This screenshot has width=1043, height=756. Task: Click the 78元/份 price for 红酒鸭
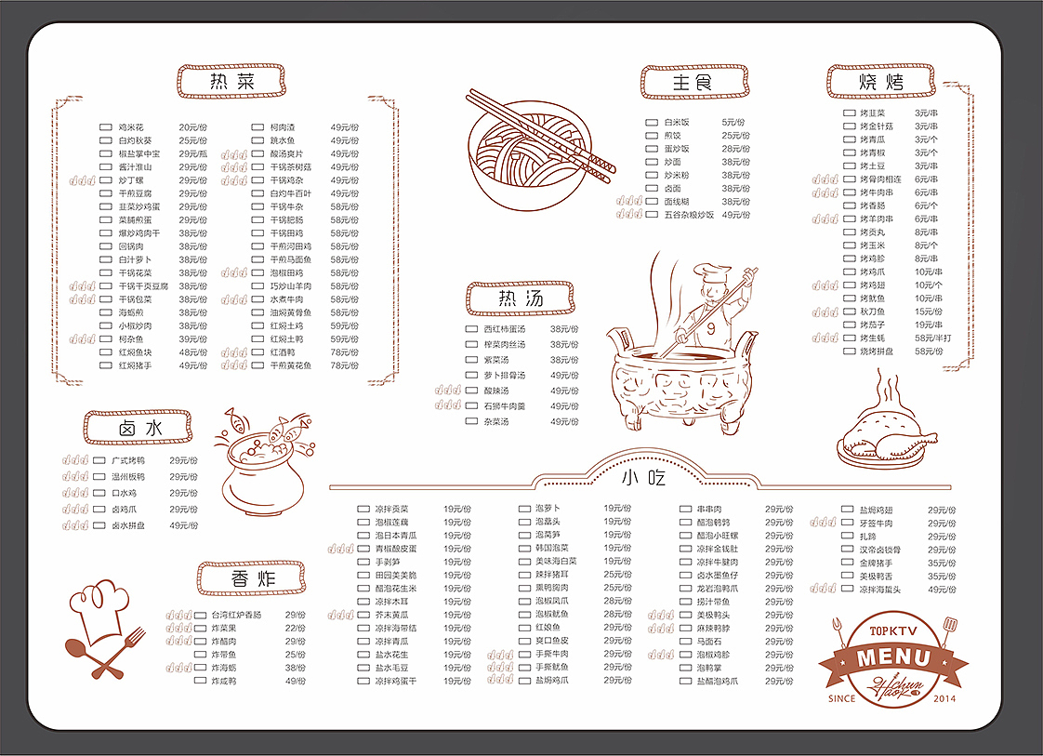[x=344, y=352]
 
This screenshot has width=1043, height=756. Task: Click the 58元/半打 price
[x=933, y=338]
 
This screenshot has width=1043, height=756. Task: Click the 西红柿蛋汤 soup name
[x=504, y=329]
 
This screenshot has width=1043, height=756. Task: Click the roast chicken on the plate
[x=880, y=435]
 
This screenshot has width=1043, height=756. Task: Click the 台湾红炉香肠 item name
[x=236, y=615]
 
